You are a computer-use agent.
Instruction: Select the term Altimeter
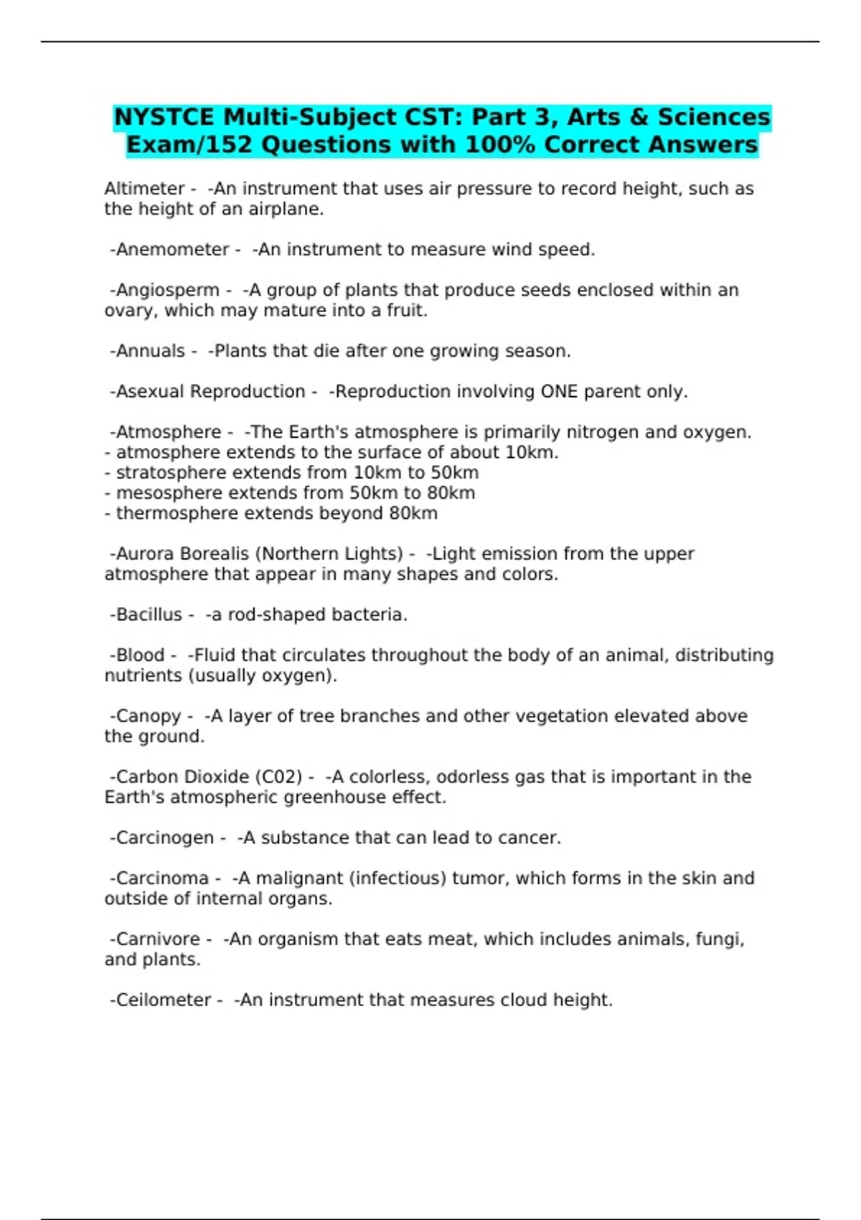tap(144, 189)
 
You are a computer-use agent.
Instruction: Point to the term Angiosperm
tap(167, 290)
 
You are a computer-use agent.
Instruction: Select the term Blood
tap(140, 655)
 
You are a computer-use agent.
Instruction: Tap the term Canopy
tap(148, 716)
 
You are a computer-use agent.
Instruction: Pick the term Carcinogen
tap(164, 838)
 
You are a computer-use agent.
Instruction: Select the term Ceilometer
tap(163, 1000)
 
